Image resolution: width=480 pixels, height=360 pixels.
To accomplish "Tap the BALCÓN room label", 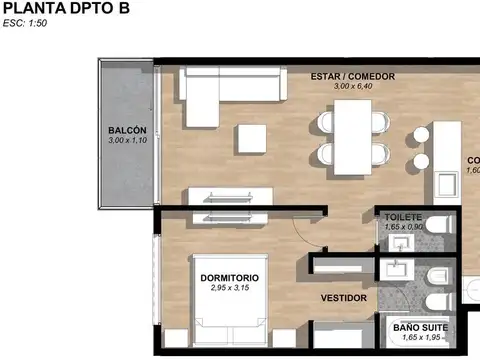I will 127,131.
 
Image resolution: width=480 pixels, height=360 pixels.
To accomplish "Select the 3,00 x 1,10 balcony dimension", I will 127,142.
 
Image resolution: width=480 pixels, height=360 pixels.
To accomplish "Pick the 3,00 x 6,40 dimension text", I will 352,87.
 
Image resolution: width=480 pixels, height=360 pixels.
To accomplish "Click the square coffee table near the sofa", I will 250,137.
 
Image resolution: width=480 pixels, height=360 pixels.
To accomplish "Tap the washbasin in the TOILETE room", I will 401,241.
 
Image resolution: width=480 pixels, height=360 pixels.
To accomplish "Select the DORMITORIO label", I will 229,277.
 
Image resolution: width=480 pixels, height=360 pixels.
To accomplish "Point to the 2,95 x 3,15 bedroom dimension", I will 229,288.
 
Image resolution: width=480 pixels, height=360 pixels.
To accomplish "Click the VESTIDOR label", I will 343,298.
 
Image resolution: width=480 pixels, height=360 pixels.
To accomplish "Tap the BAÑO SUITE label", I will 419,327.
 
